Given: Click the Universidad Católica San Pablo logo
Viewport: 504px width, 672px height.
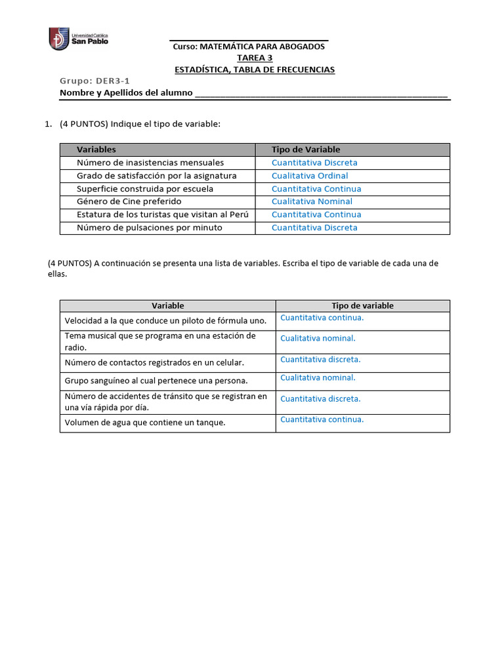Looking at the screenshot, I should pyautogui.click(x=79, y=38).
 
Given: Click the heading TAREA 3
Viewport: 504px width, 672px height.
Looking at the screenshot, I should pyautogui.click(x=255, y=58).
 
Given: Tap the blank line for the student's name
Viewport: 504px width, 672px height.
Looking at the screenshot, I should pyautogui.click(x=322, y=94).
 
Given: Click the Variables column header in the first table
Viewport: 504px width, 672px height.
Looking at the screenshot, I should pyautogui.click(x=96, y=150).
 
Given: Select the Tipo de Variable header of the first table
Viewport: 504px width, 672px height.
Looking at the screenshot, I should pyautogui.click(x=306, y=150).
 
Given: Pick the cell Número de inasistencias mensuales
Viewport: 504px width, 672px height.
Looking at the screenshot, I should pyautogui.click(x=150, y=163).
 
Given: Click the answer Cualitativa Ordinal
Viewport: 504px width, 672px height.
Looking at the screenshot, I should pyautogui.click(x=310, y=176).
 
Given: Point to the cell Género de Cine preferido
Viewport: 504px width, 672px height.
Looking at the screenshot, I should pyautogui.click(x=129, y=201).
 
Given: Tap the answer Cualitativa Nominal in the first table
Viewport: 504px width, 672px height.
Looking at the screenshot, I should pyautogui.click(x=312, y=201).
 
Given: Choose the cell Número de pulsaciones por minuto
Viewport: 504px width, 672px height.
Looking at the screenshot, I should pyautogui.click(x=149, y=228).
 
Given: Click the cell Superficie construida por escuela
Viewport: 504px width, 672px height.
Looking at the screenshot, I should pyautogui.click(x=144, y=189).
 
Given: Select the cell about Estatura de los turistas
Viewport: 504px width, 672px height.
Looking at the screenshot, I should pyautogui.click(x=163, y=215).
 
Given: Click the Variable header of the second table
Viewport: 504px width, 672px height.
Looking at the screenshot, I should pyautogui.click(x=168, y=306).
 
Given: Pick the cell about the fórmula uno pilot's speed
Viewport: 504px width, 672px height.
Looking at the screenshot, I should pyautogui.click(x=165, y=321).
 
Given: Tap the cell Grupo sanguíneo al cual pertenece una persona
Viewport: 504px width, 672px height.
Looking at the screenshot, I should pyautogui.click(x=156, y=381).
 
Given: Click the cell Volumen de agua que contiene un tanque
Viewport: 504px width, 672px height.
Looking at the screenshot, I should pyautogui.click(x=145, y=423).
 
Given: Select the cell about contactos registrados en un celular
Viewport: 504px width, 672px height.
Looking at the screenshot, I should pyautogui.click(x=154, y=362).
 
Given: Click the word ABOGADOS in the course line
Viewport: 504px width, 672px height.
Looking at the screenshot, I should pyautogui.click(x=299, y=47).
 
